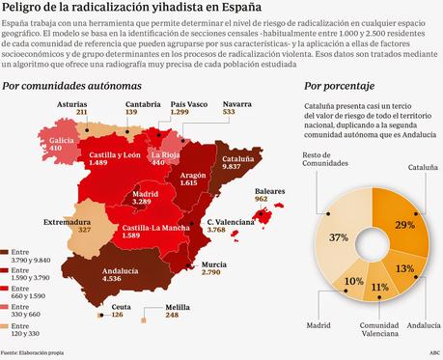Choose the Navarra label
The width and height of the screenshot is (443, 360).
tap(229, 104)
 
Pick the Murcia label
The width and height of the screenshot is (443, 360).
tap(215, 263)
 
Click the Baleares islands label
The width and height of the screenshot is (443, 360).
tap(267, 192)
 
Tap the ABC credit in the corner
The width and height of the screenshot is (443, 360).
tap(434, 353)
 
